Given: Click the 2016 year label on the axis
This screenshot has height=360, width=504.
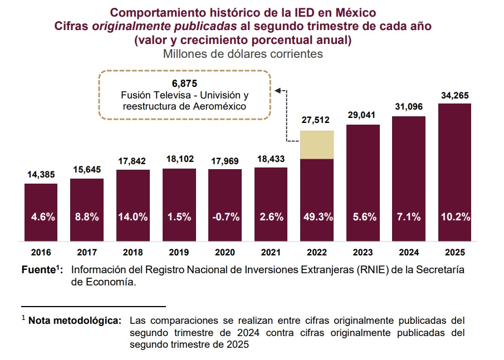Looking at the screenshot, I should pos(40,252).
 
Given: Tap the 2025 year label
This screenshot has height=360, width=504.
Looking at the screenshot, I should pos(454,252).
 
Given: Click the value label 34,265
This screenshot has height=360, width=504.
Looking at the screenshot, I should pos(454,96).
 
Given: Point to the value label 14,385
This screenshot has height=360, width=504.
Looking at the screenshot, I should pos(41,175).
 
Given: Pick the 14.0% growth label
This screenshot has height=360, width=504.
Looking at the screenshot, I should pos(133,217).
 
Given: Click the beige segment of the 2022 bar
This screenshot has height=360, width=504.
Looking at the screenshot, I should pos(316,145).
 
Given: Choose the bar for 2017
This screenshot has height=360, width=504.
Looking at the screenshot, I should pos(86,206).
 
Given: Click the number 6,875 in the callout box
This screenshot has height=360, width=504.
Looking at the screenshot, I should pos(184,83).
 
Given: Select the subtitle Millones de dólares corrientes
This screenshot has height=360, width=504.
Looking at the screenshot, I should pos(243,54).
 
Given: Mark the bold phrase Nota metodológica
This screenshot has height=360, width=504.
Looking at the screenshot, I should pos(75,321).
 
